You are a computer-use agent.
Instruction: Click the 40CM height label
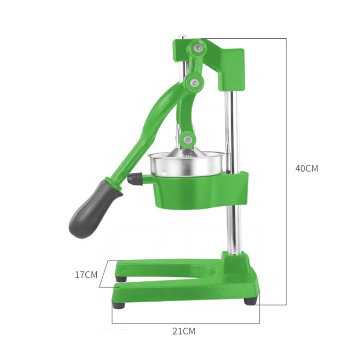coord(307,168)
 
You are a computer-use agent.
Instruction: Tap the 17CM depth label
coord(86,275)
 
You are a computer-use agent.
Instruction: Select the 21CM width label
coord(184,331)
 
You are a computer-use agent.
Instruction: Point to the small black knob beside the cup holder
coord(134,179)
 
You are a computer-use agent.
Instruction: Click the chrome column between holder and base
coord(233,229)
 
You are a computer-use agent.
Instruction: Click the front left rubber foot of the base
coord(118,305)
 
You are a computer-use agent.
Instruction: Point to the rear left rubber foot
coord(121,278)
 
